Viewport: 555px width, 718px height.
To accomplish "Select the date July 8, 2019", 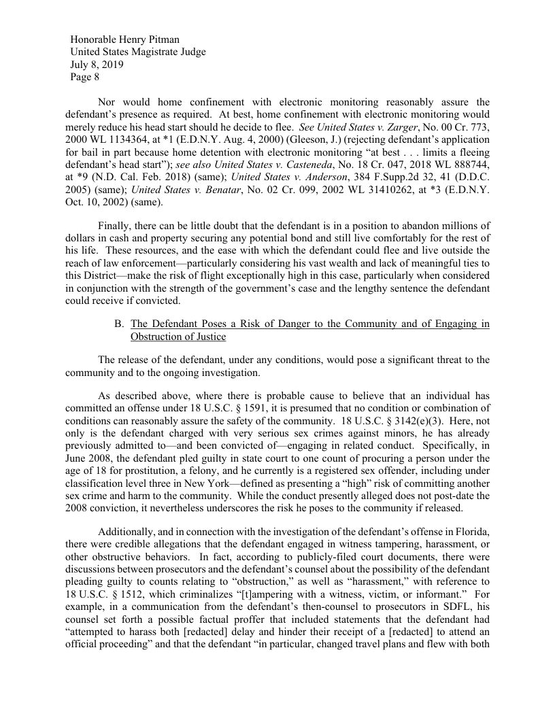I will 97,65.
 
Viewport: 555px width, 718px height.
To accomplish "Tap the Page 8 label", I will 86,78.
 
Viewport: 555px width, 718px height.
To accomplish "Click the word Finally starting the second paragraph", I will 117,225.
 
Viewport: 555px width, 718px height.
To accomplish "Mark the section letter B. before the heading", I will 120,324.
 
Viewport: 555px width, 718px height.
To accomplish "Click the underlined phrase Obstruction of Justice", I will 178,337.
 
